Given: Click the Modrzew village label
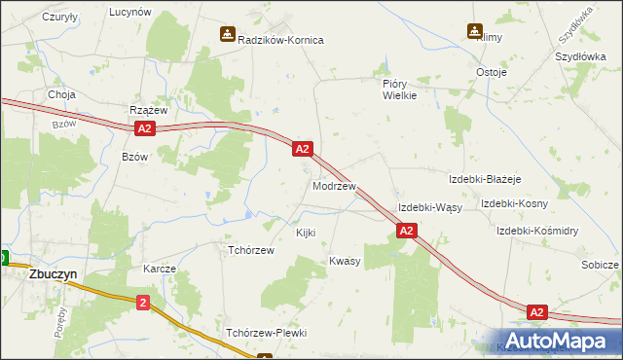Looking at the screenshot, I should (x=334, y=186).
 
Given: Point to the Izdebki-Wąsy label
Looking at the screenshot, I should (x=429, y=208).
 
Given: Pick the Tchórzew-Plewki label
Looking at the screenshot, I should (x=266, y=333).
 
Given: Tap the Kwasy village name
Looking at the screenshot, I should (x=345, y=262).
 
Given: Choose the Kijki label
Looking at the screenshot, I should (x=305, y=234).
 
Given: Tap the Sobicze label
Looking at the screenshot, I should (x=600, y=265).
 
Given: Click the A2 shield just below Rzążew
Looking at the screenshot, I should (x=145, y=128).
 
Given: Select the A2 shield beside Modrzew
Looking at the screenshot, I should (x=303, y=149).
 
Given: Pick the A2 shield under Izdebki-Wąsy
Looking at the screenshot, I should (x=407, y=231).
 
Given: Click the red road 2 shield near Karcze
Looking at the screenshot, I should (x=144, y=303).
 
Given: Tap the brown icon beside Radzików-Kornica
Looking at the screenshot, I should (x=227, y=35).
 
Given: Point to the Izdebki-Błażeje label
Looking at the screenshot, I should (x=486, y=180).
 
